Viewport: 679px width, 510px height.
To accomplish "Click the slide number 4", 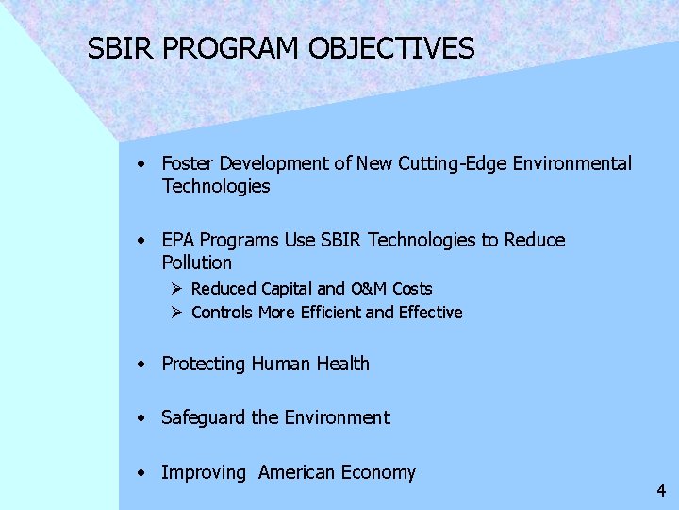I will [661, 491].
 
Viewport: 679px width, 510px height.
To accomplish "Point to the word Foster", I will [189, 163].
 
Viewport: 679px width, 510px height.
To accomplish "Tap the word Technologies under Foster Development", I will [216, 186].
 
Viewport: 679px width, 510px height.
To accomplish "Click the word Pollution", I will [196, 263].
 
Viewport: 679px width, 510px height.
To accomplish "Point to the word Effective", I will [431, 313].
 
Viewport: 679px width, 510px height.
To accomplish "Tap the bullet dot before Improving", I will [140, 472].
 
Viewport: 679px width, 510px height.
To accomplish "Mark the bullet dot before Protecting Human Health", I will [140, 364].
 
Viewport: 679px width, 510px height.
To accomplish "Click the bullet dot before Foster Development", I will [140, 163].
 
